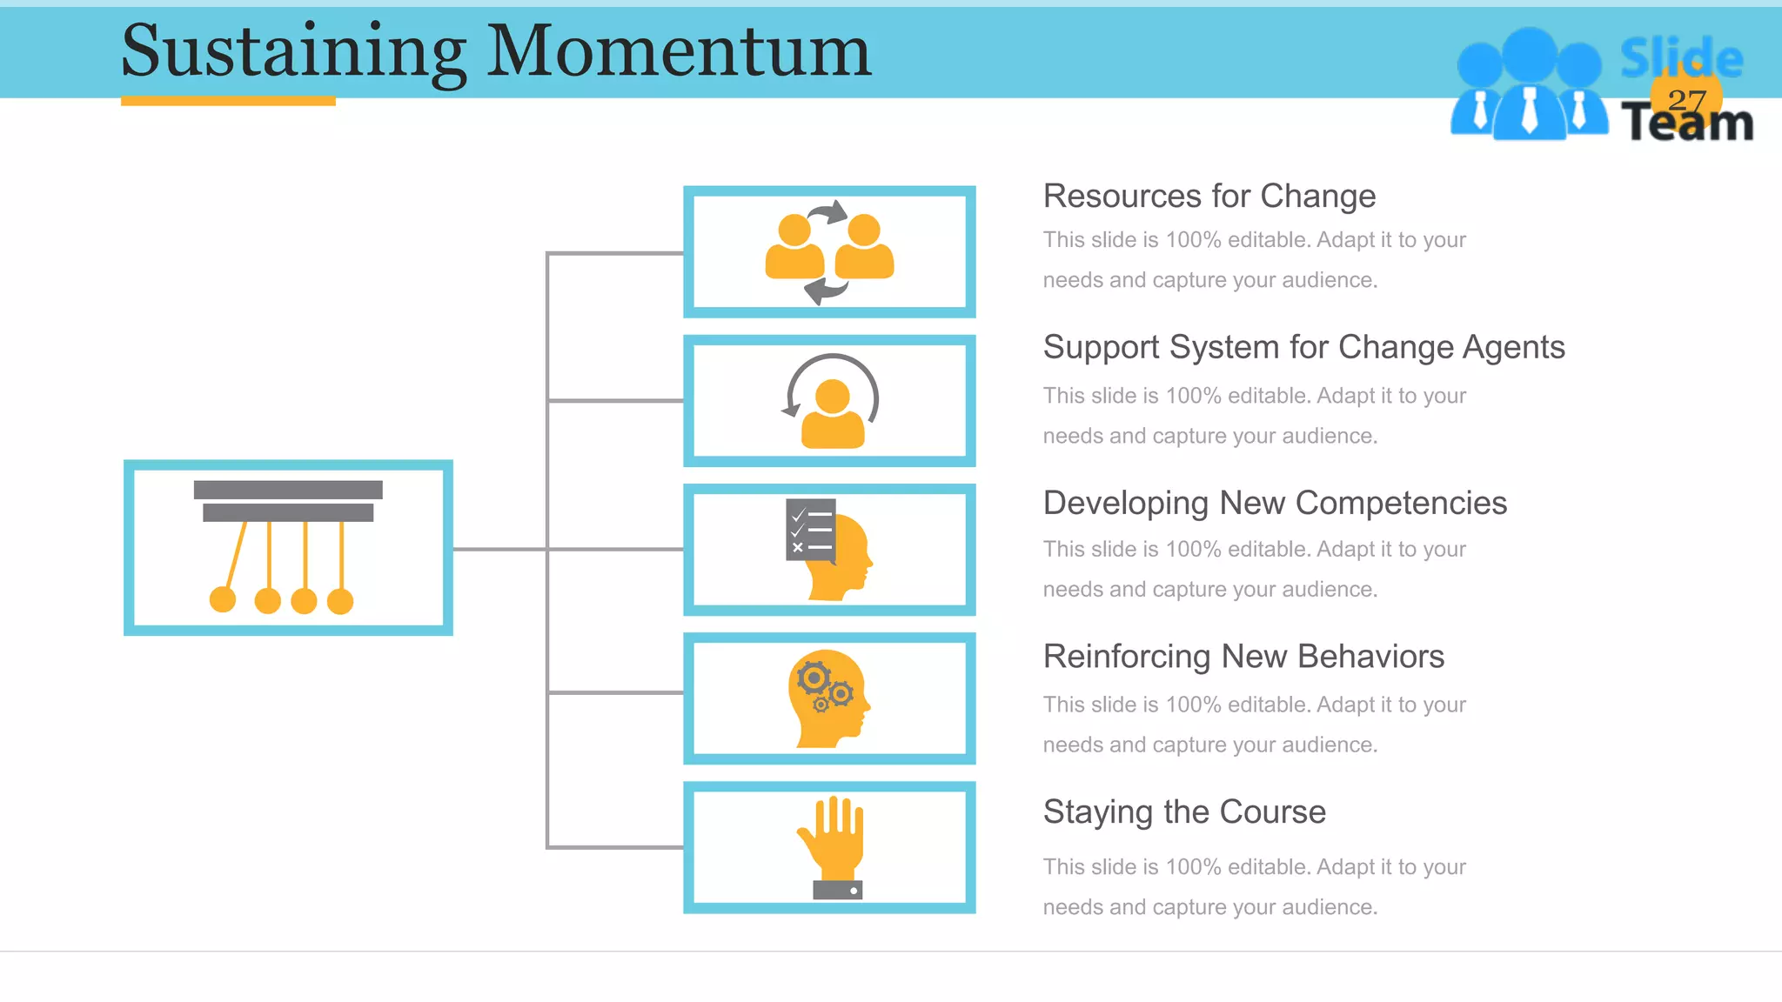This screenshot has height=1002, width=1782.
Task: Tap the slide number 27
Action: [1686, 101]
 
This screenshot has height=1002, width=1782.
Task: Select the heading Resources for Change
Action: [1209, 197]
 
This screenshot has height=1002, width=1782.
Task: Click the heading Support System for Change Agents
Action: [1303, 347]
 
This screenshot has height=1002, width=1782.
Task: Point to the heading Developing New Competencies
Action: [1275, 503]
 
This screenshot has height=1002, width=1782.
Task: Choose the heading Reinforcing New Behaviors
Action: [1243, 657]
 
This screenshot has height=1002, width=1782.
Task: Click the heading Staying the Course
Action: [1184, 812]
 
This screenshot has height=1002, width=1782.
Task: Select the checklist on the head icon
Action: [810, 529]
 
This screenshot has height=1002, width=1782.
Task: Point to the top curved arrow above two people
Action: [828, 212]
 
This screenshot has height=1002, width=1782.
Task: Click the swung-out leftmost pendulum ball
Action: [223, 599]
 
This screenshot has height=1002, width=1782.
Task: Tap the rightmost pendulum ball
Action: [340, 601]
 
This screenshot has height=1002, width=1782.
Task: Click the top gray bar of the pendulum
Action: [288, 490]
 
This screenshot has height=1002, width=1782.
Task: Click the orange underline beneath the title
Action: [228, 101]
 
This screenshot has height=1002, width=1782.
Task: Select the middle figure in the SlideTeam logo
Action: [1529, 87]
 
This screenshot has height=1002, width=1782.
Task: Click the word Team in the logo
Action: [1686, 124]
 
